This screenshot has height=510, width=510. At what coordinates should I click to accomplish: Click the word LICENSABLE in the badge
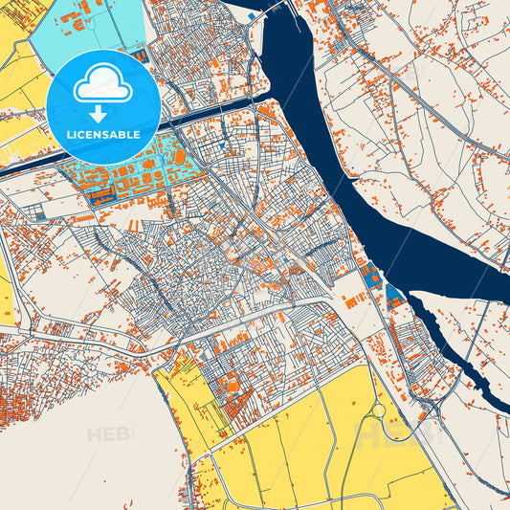coord(102,135)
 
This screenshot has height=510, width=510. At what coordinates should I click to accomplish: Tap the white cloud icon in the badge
coord(102,84)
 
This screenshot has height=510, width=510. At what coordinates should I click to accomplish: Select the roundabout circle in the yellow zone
coord(378,410)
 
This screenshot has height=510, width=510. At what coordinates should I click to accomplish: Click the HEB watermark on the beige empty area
coord(110,434)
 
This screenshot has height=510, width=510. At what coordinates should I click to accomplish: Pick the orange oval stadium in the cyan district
coord(179,155)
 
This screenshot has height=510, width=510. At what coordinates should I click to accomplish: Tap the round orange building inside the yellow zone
coord(232,386)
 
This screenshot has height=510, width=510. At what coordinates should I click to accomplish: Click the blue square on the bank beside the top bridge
coord(251,16)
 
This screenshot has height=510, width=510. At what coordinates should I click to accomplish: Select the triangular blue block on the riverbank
coord(392,293)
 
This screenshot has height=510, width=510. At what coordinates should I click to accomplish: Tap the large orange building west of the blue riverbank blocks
coord(353,302)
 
